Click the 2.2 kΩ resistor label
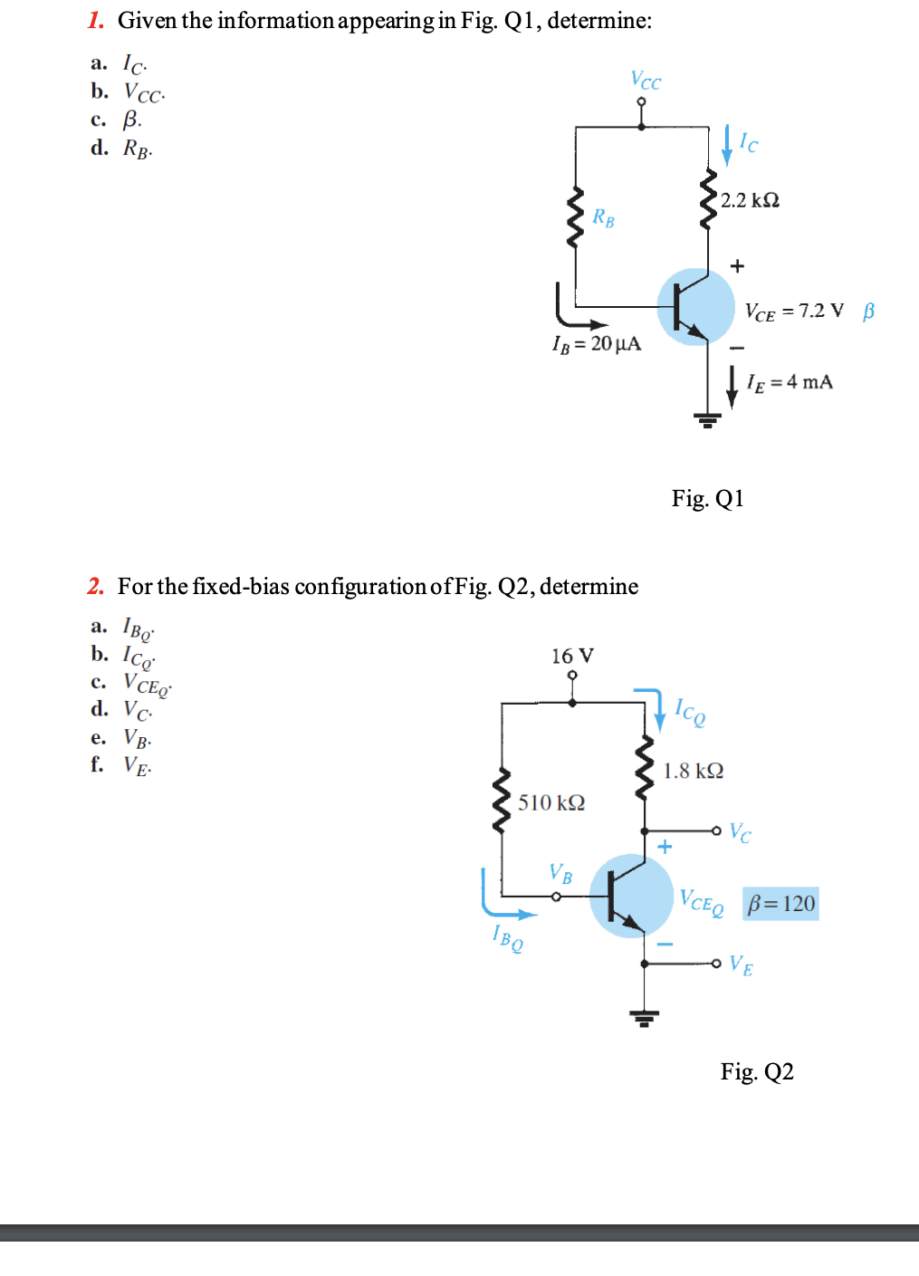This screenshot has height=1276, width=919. click(x=750, y=200)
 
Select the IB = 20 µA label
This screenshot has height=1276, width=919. click(x=597, y=344)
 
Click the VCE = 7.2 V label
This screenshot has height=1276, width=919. click(x=794, y=312)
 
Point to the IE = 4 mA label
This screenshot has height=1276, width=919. click(x=790, y=382)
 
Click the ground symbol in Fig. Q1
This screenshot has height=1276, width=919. click(x=707, y=419)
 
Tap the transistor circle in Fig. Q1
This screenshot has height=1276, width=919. click(x=695, y=307)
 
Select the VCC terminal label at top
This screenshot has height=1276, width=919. click(x=646, y=81)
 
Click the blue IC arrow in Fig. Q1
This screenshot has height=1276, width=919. click(x=726, y=146)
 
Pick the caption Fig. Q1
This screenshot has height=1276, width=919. click(x=707, y=499)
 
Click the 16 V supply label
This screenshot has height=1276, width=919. click(x=572, y=656)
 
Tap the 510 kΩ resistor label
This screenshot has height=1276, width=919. click(x=551, y=802)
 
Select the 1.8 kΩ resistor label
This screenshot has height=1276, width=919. click(x=693, y=771)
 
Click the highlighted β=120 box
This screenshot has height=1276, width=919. click(x=780, y=904)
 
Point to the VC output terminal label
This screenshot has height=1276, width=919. click(x=740, y=832)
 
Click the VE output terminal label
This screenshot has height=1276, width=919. click(x=741, y=965)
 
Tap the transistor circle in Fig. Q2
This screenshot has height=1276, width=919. click(x=631, y=896)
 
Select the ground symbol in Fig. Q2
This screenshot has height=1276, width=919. click(x=644, y=1018)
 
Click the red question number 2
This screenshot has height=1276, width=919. click(x=96, y=587)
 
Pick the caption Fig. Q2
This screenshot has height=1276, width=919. click(x=757, y=1072)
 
